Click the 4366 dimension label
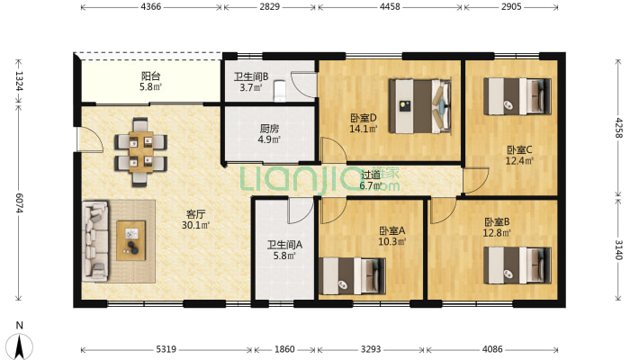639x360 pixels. [151, 7]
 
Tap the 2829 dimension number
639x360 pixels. [270, 7]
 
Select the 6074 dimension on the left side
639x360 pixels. [19, 202]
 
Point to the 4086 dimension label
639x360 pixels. [492, 349]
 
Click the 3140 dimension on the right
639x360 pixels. [618, 249]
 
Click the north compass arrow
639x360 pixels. [19, 346]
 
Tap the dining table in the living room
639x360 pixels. [141, 152]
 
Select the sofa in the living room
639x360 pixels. [95, 240]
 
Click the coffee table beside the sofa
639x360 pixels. [131, 240]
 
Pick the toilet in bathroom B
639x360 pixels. [279, 91]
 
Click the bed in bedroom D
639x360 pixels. [419, 106]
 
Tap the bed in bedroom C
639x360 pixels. [517, 96]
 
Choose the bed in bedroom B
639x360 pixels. [517, 265]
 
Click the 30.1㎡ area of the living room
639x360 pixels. [196, 225]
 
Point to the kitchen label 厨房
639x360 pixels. [269, 129]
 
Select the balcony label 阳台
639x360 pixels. [151, 76]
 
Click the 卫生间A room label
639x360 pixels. [284, 245]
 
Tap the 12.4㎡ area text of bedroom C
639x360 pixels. [519, 161]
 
